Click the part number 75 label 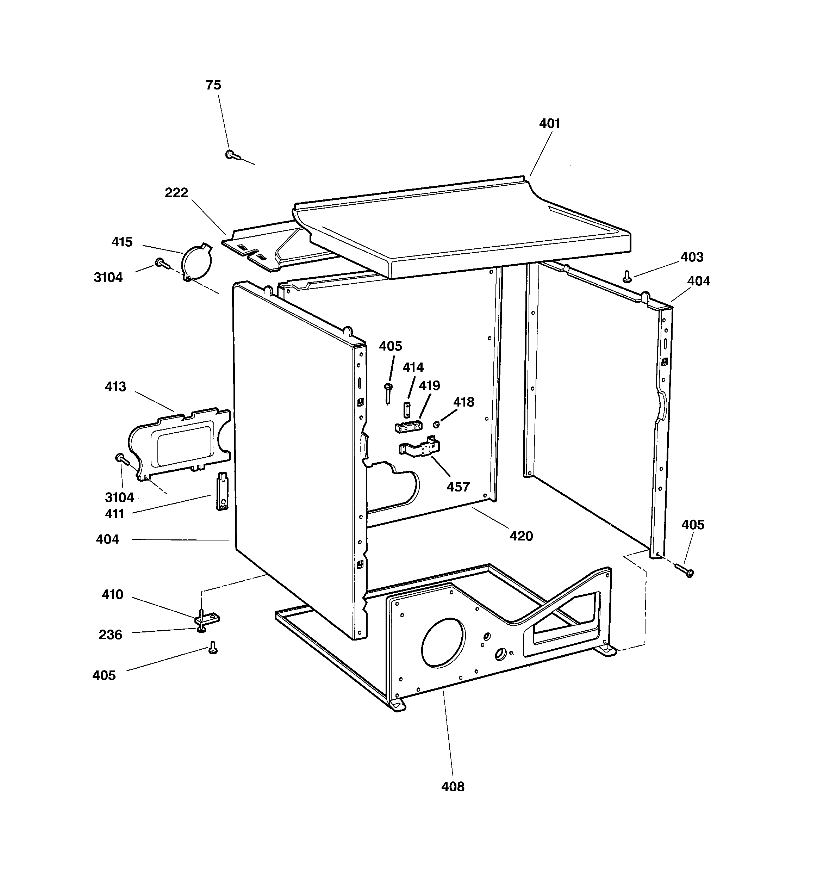tap(213, 85)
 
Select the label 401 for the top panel tap(549, 124)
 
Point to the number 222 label tap(176, 193)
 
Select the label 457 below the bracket tap(458, 487)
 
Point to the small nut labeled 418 tap(436, 424)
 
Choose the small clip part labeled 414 tap(406, 409)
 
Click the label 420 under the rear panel tap(521, 536)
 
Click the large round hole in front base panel tap(443, 643)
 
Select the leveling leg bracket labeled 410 tap(206, 618)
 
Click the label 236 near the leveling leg tap(110, 635)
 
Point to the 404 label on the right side tap(698, 281)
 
